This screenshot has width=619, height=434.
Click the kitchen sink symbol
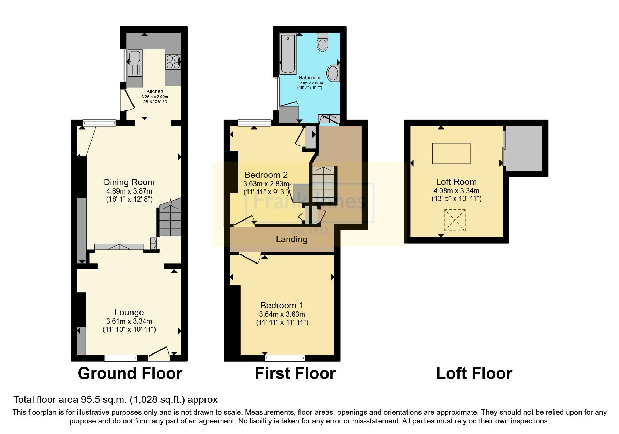tap(135, 63)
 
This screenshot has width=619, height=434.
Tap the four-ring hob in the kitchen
tap(173, 62)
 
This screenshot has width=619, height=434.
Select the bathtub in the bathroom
tap(288, 54)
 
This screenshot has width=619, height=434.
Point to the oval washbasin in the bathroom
tap(333, 73)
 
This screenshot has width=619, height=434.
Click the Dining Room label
tap(129, 182)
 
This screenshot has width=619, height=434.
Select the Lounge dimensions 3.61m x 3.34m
tap(129, 321)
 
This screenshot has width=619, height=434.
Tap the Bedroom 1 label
tap(282, 305)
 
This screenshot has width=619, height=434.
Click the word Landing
tap(291, 239)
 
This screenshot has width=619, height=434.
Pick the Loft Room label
tap(456, 182)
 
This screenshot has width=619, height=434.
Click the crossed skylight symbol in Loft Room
tap(455, 220)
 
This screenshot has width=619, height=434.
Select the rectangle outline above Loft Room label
tap(451, 153)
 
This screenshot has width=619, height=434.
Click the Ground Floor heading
tap(130, 373)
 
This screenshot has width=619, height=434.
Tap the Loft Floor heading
tap(474, 373)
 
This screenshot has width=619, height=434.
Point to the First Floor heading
tap(295, 373)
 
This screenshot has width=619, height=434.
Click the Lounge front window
tap(121, 357)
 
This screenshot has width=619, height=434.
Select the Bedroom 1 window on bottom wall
tap(285, 357)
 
